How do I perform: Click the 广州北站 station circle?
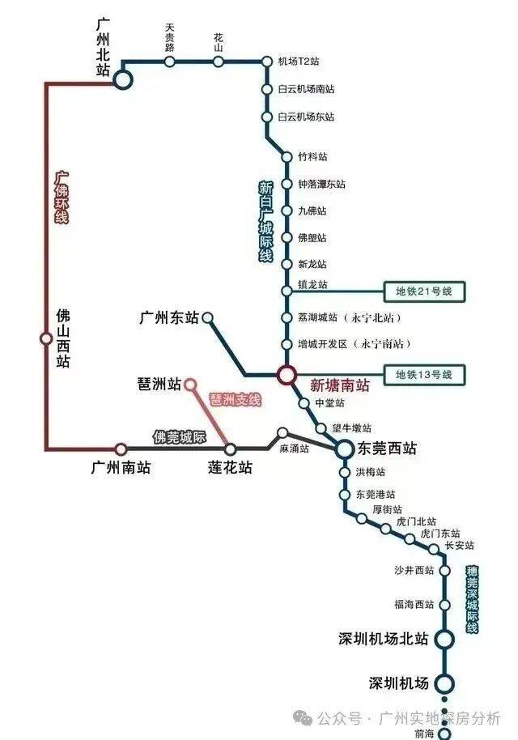123,80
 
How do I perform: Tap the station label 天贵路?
170,38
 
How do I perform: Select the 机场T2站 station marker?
267,62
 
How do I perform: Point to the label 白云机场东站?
306,117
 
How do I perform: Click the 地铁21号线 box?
424,291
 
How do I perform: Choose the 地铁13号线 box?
424,375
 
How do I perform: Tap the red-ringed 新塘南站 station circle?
286,375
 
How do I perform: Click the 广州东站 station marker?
207,318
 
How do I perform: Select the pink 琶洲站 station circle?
190,385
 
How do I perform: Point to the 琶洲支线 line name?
235,400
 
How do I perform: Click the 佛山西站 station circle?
46,338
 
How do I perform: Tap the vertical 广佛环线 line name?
62,198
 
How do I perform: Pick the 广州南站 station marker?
121,449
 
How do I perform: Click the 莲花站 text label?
230,468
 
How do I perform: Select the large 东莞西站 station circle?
345,449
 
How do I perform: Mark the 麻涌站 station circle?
282,433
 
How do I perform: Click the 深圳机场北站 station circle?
444,640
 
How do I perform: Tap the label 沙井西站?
414,570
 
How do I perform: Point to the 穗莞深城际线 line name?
472,599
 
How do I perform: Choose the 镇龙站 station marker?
287,291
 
